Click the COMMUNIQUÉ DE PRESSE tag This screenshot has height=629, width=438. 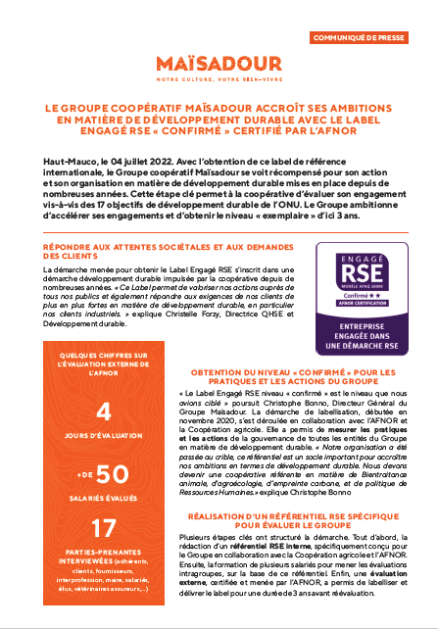(370, 38)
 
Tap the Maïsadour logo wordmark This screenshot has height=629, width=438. (219, 65)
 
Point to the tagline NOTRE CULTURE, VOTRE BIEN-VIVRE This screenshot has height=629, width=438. (219, 79)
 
